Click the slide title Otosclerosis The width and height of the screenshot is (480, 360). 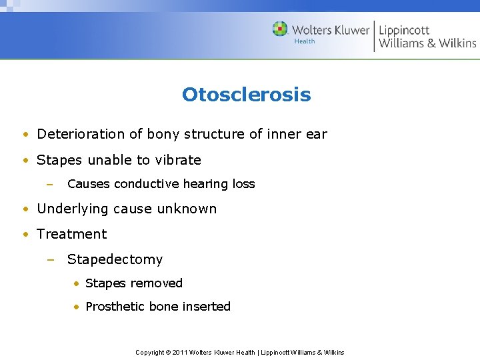coord(246,95)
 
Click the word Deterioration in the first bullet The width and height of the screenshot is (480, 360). coord(81,134)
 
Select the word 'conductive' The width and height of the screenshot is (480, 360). coord(147,184)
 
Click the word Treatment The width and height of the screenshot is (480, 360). coord(71,234)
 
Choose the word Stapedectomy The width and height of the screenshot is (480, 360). coord(115,259)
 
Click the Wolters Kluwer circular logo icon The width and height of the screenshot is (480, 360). coord(280,29)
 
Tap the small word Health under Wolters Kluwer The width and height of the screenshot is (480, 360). coord(304,41)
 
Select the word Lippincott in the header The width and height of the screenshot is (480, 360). coord(404,31)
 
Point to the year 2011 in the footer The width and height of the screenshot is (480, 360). coord(181,352)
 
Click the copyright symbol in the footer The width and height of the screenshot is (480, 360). coord(167,352)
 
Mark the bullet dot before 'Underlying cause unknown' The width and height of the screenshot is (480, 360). coord(24,209)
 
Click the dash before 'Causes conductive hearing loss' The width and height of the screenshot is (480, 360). coord(51,184)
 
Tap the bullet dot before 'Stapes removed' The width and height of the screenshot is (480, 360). coord(77,284)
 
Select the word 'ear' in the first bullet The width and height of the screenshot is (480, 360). coord(316,134)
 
